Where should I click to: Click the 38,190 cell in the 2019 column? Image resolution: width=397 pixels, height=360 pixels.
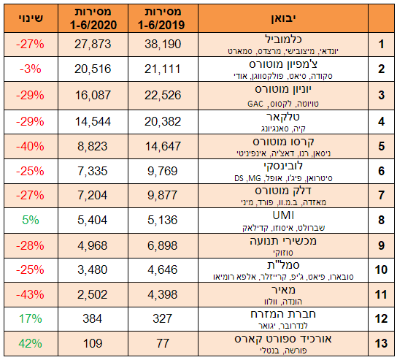click(163, 44)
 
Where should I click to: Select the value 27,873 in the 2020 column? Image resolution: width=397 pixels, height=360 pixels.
click(93, 44)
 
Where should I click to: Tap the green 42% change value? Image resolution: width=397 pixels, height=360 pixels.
click(31, 343)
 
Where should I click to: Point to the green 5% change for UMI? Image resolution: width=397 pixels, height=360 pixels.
click(31, 220)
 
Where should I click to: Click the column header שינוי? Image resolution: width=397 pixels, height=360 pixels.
click(31, 18)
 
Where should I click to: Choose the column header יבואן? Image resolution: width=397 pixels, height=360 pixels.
click(284, 18)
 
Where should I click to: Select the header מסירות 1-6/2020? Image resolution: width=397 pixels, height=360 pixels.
click(93, 18)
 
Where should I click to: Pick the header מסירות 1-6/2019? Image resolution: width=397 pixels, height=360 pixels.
click(163, 18)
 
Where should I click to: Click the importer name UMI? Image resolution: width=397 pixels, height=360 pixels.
click(283, 215)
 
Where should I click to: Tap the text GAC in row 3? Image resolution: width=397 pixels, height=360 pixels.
click(255, 104)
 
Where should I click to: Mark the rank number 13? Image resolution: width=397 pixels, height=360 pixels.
click(381, 343)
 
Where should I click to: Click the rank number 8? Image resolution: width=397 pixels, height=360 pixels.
click(381, 220)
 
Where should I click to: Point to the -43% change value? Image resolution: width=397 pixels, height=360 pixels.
click(30, 294)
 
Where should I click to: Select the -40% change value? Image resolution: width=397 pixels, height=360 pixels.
click(30, 147)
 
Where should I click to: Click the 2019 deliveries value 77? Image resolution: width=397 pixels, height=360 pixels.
click(163, 343)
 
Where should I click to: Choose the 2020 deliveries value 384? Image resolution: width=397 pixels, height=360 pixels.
click(93, 318)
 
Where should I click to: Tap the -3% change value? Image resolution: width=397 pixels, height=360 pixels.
click(31, 69)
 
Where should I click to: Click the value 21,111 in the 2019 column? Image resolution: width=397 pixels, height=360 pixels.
click(163, 69)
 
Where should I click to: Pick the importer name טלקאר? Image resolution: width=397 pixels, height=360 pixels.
click(283, 117)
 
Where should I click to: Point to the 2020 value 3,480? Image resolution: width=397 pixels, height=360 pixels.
click(93, 269)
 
